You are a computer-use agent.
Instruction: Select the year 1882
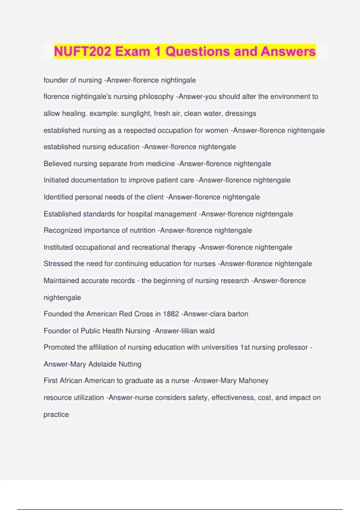click(x=171, y=314)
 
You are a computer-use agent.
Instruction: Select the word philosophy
click(x=156, y=97)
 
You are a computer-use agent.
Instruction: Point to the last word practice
click(x=56, y=414)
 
